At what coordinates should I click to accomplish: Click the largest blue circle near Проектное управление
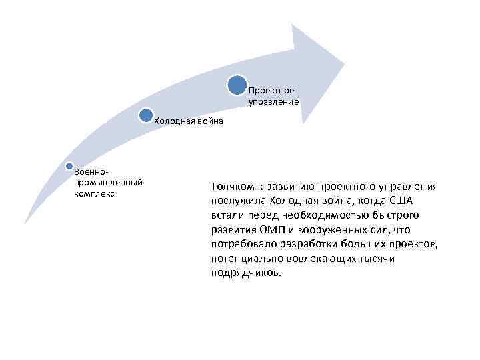(x=238, y=85)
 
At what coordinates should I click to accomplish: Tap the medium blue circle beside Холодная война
(x=146, y=115)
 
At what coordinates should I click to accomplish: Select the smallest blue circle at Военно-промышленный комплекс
(x=69, y=165)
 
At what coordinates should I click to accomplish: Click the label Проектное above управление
(x=271, y=91)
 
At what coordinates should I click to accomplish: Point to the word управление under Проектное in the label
(x=274, y=102)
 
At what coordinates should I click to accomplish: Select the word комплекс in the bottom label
(x=95, y=193)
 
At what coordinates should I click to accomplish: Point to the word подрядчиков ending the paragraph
(x=247, y=273)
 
